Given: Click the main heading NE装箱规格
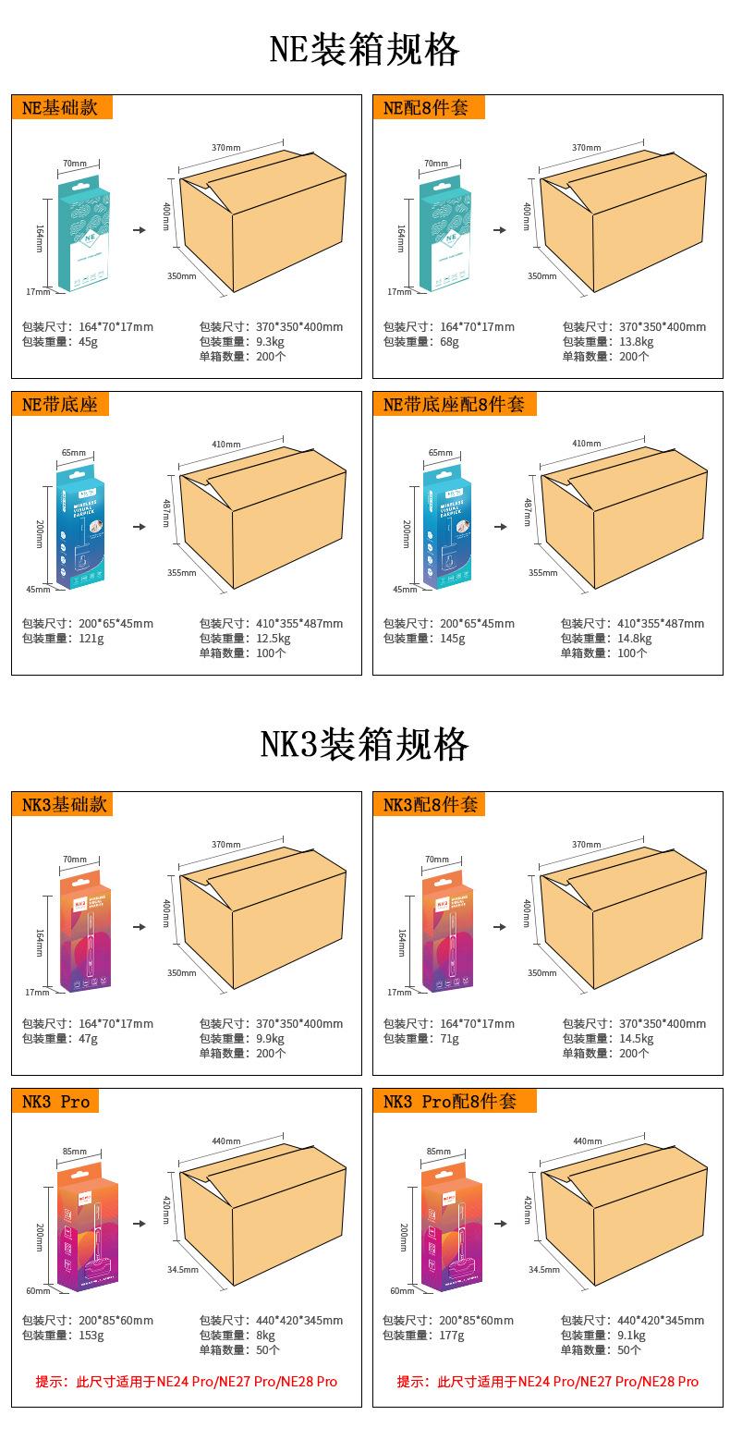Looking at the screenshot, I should (x=364, y=49).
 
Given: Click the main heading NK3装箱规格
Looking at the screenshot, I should (x=364, y=744).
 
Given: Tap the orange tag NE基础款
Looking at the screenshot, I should (x=61, y=107).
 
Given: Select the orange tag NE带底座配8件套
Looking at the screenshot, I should (x=454, y=404).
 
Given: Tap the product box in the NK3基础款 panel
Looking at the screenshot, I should (x=85, y=933).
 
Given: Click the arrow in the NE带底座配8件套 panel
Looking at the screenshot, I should (x=500, y=527).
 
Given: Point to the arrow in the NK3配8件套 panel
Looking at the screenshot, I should (x=500, y=927).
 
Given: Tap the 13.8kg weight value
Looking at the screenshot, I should (x=636, y=341).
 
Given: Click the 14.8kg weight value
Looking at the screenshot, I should (x=635, y=638).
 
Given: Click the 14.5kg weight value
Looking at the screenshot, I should (x=636, y=1038).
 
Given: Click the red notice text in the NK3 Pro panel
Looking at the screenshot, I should (x=186, y=1382).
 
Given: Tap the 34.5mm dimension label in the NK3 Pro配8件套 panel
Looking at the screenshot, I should (x=543, y=1269).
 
